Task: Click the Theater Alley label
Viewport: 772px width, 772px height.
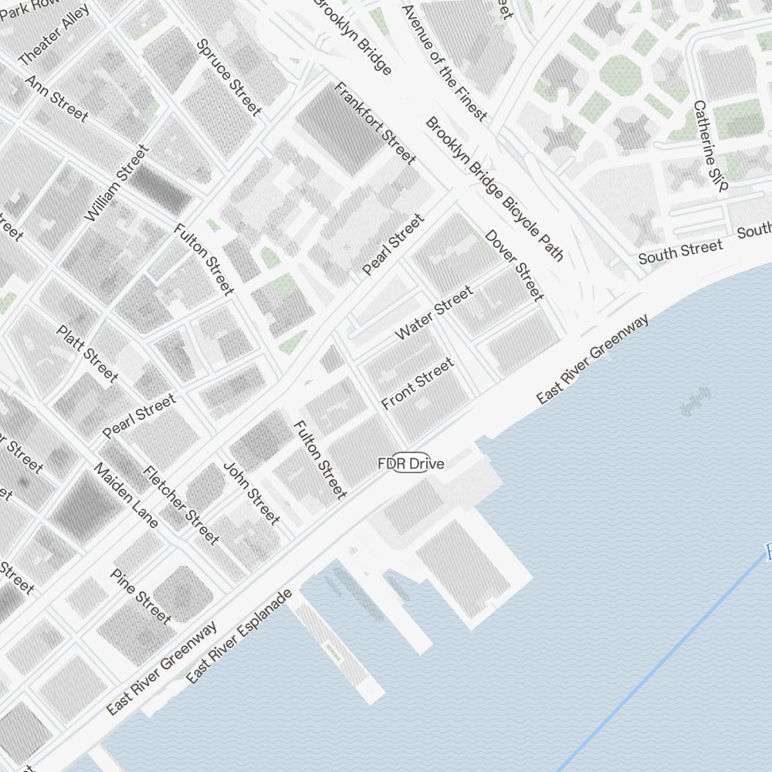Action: click(53, 37)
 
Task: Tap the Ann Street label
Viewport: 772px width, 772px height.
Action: click(56, 97)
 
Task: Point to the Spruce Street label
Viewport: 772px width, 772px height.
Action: click(229, 77)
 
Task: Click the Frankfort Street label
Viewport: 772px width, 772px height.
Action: click(374, 123)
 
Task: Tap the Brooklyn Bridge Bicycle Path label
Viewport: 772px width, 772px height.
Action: click(495, 188)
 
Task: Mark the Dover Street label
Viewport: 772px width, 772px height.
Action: click(515, 265)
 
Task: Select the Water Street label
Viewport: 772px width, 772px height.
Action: click(434, 313)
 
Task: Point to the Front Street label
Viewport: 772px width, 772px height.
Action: click(418, 384)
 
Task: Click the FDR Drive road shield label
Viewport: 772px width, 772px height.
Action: click(411, 463)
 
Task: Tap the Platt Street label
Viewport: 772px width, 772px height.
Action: click(87, 353)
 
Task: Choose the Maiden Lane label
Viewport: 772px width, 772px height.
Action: click(126, 495)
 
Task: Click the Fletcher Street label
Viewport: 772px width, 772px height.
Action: click(181, 505)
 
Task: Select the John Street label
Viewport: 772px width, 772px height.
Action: click(251, 493)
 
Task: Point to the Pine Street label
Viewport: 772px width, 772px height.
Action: click(141, 596)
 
